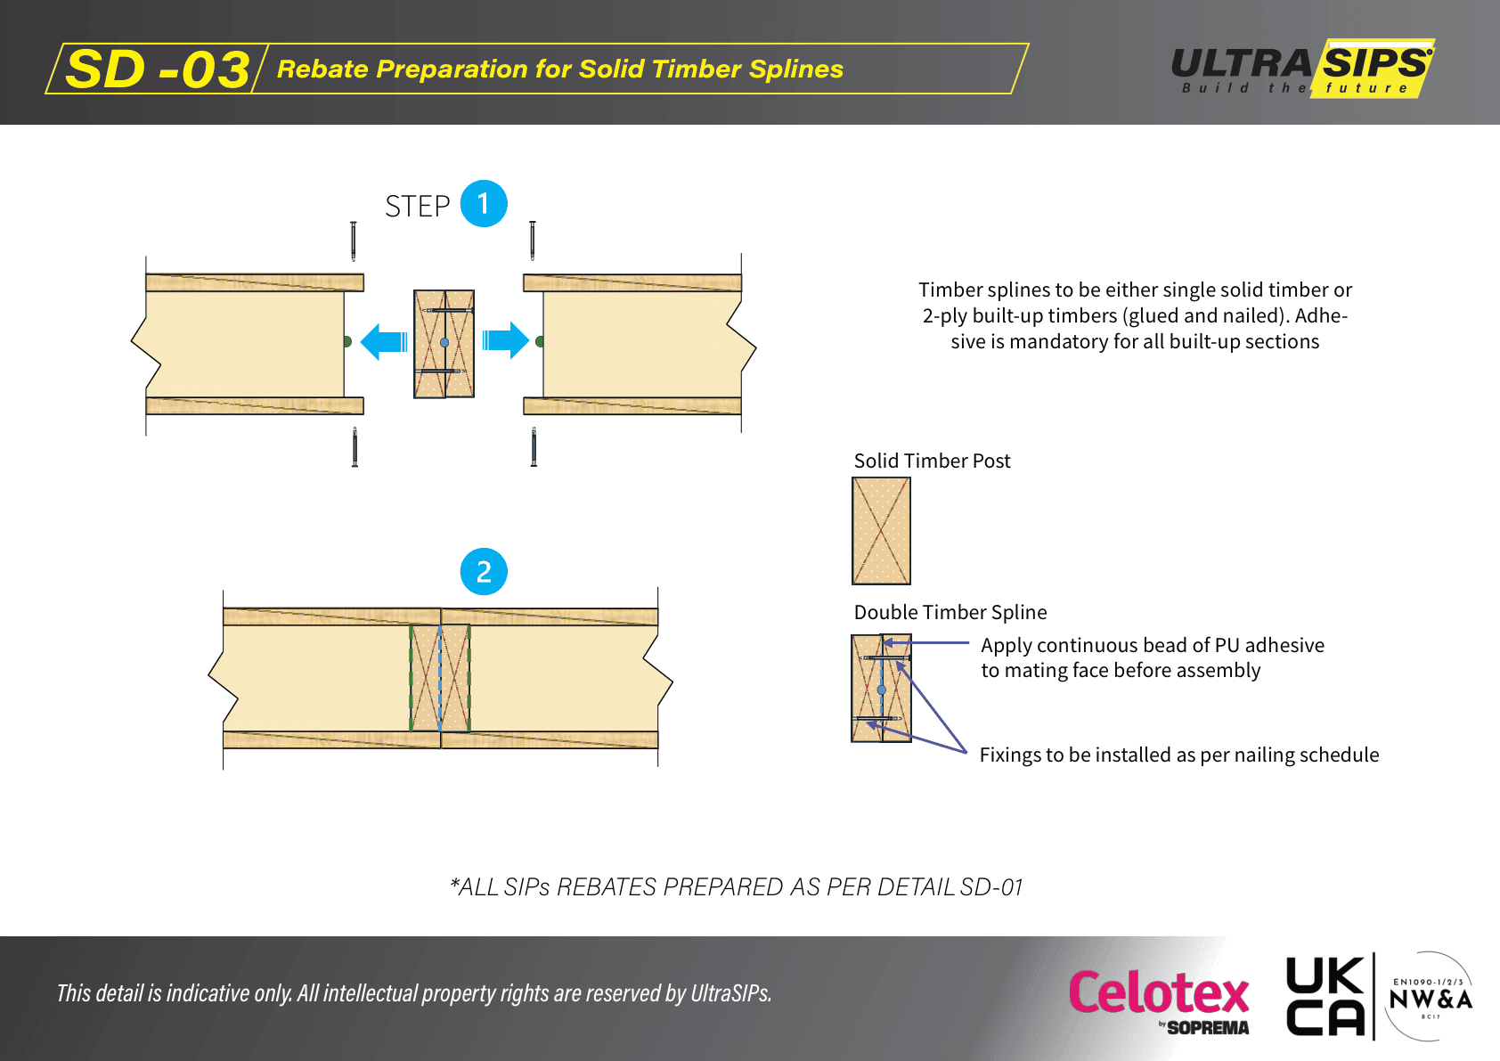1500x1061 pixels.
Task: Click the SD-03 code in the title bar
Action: point(158,69)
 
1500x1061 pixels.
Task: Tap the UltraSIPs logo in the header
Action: point(1302,68)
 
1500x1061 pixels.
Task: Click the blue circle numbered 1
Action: point(484,204)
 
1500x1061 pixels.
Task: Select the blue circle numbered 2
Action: point(484,572)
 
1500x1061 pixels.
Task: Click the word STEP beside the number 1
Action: point(417,207)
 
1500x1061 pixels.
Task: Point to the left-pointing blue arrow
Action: point(384,341)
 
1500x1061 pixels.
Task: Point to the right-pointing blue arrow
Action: point(506,340)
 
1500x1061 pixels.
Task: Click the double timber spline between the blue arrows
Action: point(444,344)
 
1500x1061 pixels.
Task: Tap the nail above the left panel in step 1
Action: point(354,241)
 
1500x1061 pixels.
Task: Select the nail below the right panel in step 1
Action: point(534,447)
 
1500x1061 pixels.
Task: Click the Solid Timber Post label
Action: point(932,461)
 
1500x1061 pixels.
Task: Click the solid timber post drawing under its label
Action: point(881,531)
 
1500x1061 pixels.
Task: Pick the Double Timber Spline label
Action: point(950,612)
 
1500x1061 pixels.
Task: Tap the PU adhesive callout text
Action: point(1152,657)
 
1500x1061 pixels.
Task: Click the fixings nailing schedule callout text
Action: point(1178,755)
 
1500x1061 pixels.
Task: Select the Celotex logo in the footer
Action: point(1159,998)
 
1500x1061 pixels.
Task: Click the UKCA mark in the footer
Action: point(1325,997)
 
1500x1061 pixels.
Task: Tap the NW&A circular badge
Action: point(1431,997)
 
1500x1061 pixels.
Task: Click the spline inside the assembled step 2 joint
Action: point(440,678)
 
